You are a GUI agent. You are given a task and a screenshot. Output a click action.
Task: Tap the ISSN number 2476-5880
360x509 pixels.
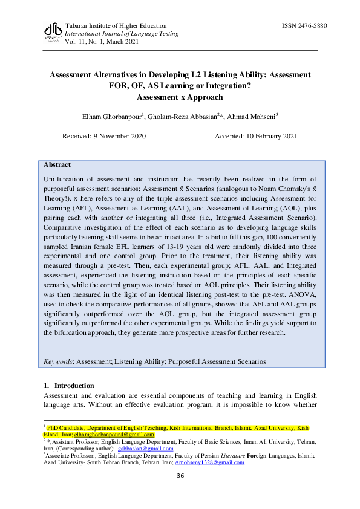pos(304,26)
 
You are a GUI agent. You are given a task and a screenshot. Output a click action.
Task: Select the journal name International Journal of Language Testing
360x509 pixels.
pos(121,34)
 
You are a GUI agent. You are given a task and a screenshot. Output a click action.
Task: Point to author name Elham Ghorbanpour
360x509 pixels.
pos(117,115)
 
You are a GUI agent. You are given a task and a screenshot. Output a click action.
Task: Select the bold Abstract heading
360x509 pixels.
pos(57,164)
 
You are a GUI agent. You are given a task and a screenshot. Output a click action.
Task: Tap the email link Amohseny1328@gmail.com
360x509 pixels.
pos(209,462)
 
